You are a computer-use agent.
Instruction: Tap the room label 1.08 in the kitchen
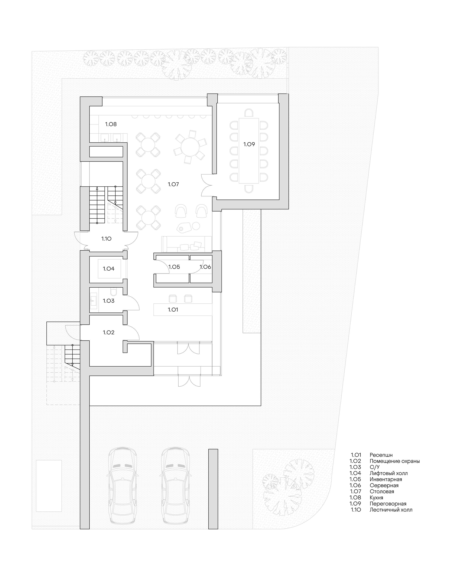coord(111,124)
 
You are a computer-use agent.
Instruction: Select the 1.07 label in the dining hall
coord(173,184)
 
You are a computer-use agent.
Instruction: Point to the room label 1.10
coord(106,239)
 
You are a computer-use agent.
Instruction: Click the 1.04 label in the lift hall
coord(109,269)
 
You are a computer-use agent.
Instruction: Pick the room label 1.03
coord(109,301)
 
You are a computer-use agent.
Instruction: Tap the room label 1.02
coord(109,333)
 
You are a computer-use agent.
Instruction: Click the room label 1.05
coord(174,267)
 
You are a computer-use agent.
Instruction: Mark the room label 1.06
coord(205,267)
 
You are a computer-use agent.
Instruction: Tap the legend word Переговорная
coord(388,504)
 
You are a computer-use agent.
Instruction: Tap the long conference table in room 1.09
coord(249,151)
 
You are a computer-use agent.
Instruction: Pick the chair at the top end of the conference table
coord(249,113)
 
